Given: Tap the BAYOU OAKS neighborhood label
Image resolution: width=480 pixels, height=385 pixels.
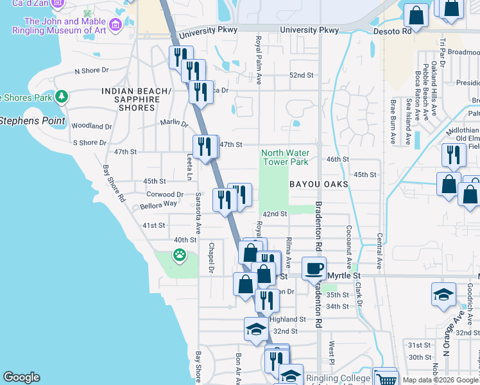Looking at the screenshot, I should tap(318, 184).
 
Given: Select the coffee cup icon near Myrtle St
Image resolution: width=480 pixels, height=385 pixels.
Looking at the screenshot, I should tap(314, 269).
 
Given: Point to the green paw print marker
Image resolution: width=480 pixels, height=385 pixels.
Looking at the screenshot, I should tap(178, 255).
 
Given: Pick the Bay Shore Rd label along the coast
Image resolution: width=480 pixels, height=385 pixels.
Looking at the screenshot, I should tap(113, 184).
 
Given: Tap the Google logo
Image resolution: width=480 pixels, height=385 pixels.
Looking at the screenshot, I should tap(21, 377).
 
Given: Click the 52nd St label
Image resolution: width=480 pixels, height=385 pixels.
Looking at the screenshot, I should tap(301, 75).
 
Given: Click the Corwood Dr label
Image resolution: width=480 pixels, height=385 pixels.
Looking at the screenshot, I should tap(165, 194).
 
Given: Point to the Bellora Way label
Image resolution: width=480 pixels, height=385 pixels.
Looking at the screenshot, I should tap(159, 204).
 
